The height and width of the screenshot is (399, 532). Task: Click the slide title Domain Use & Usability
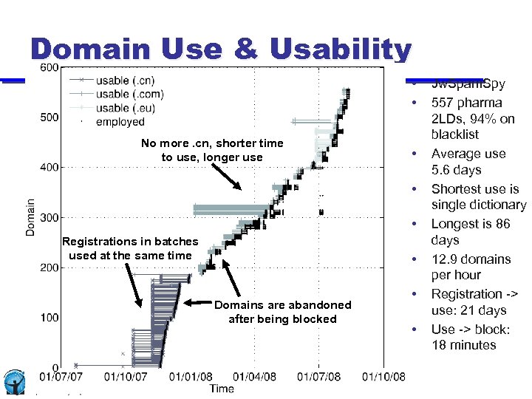[x=220, y=50]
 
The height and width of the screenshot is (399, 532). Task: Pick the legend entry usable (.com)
[x=129, y=94]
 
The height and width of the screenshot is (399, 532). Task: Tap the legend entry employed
[x=120, y=122]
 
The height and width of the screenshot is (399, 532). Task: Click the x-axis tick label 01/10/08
[x=383, y=377]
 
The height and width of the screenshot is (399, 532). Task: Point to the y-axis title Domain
[x=31, y=216]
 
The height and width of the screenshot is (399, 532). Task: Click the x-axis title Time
[x=222, y=389]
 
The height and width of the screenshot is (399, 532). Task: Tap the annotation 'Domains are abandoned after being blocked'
[x=282, y=312]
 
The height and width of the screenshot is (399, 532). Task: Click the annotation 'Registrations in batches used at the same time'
[x=130, y=248]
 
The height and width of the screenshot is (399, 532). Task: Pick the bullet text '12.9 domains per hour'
[x=471, y=267]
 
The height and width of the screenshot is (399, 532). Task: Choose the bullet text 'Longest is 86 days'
[x=470, y=232]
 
